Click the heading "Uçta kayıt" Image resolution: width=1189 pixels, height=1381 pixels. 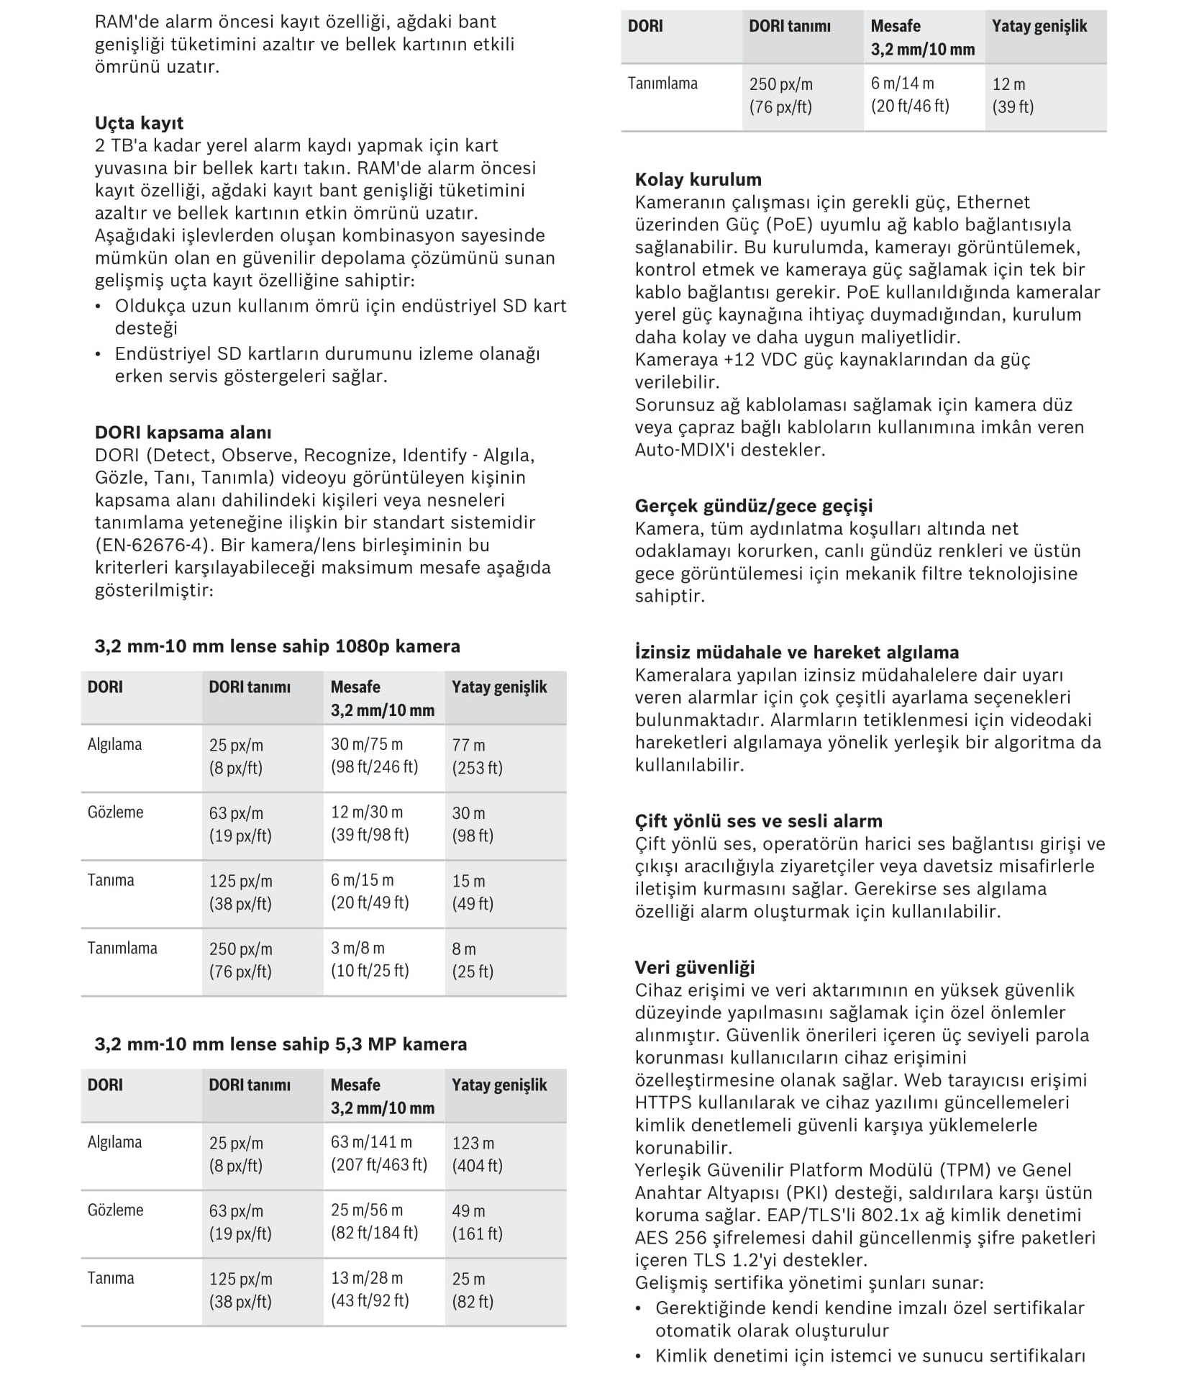point(139,123)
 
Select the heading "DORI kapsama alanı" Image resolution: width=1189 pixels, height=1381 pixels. point(183,433)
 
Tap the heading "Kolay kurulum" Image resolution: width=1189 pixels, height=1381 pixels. point(698,180)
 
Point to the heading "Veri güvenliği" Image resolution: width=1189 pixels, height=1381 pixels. point(695,967)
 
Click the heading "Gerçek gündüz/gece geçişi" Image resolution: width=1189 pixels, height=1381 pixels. point(754,506)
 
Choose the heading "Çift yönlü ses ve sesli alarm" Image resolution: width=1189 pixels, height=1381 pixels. point(758,821)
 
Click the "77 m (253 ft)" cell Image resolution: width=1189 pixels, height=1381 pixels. point(477,756)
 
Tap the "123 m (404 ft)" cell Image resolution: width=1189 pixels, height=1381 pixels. point(477,1154)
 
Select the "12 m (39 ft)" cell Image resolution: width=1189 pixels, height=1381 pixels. point(1013,95)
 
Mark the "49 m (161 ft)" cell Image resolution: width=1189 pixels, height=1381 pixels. point(477,1223)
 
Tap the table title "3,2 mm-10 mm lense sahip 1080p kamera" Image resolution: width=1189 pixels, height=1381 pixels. point(277,646)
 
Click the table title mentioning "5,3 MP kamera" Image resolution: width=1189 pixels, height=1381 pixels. point(281,1044)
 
